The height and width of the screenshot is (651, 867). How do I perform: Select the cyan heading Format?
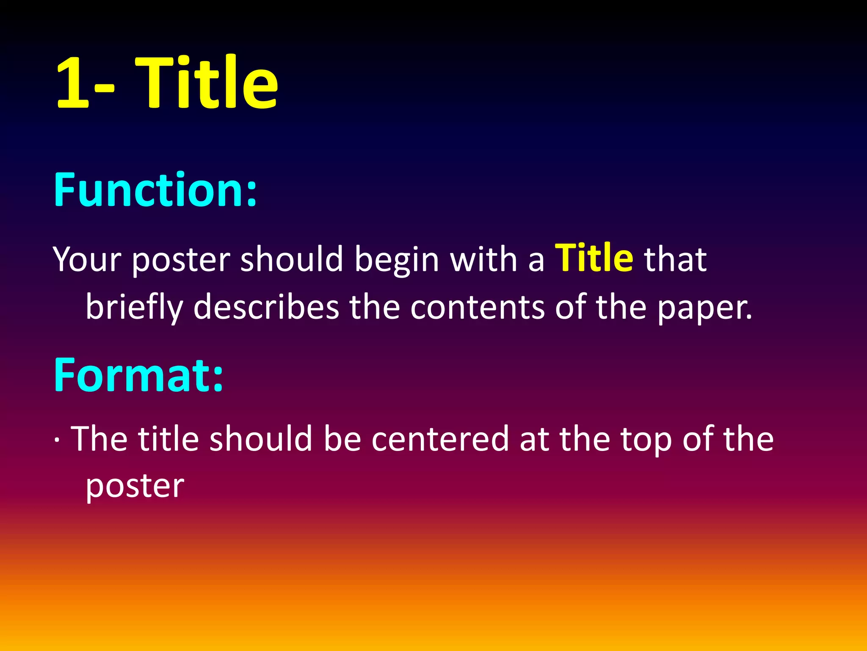[138, 375]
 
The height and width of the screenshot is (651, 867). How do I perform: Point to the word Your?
[87, 259]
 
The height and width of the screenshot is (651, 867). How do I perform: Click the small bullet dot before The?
[57, 440]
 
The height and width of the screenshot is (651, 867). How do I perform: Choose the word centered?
[440, 439]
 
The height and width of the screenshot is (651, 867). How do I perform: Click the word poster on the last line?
[135, 486]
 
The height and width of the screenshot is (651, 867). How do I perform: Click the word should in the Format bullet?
[261, 439]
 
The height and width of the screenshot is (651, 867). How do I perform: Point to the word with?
[483, 259]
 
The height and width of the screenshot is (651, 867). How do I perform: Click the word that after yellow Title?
[675, 259]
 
